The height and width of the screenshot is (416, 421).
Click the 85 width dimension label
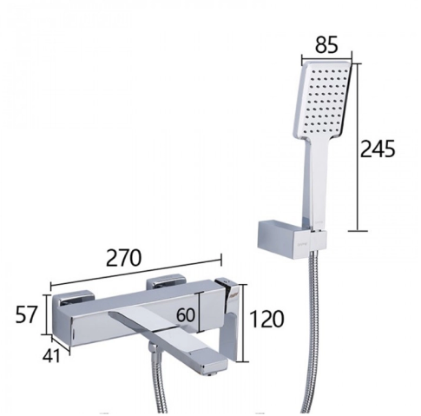pyautogui.click(x=326, y=45)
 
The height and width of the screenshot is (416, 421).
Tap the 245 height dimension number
pyautogui.click(x=378, y=149)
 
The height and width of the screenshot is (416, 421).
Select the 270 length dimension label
pyautogui.click(x=124, y=257)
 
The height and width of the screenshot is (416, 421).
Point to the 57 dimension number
pyautogui.click(x=26, y=314)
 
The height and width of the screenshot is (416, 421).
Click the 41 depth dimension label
pyautogui.click(x=51, y=355)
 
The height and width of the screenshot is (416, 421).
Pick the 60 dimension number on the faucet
pyautogui.click(x=186, y=314)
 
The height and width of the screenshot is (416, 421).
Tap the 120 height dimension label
pyautogui.click(x=266, y=319)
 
